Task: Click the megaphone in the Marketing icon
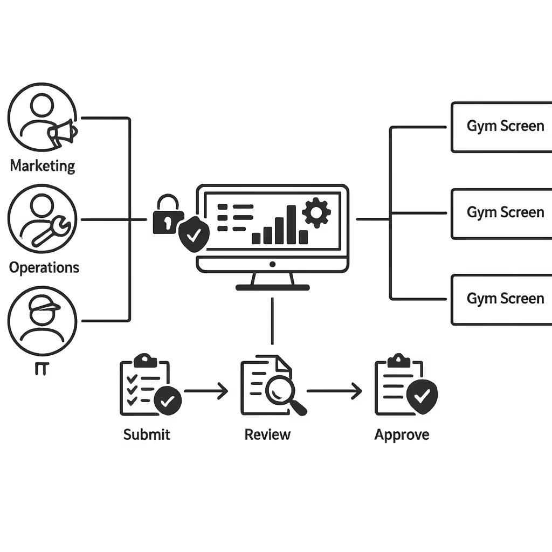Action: [x=61, y=132]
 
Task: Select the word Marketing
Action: [x=43, y=165]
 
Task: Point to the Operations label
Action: [x=44, y=267]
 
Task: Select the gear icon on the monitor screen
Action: [x=316, y=212]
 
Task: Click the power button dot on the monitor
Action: [x=272, y=264]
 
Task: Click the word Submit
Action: [x=147, y=434]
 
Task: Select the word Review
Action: [x=267, y=434]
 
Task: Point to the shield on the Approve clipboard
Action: [x=422, y=396]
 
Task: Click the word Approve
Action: [x=402, y=434]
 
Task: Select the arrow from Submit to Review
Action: [x=206, y=391]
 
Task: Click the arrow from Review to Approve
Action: [x=334, y=391]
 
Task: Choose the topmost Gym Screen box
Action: [x=501, y=127]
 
